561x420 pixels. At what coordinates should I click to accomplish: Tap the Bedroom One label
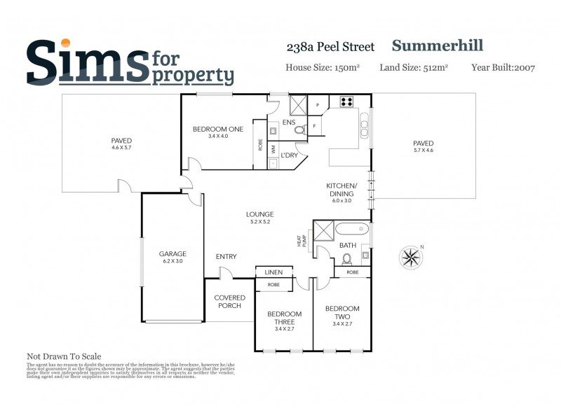point(218,129)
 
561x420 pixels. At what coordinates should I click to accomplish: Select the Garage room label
point(172,253)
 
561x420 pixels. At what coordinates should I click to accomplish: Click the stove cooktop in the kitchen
point(346,101)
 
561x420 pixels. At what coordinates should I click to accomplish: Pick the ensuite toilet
point(299,129)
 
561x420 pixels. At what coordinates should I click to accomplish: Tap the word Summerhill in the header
point(437,46)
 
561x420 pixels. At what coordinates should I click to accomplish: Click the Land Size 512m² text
point(414,68)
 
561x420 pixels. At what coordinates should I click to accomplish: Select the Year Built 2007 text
point(503,68)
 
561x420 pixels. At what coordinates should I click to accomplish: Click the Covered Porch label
point(229,302)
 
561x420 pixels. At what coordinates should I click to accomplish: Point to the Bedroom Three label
point(284,318)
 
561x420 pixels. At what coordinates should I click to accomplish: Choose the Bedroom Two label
point(342,312)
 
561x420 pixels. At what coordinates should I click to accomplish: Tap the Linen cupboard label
point(273,272)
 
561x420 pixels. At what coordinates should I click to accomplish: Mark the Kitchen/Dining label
point(342,189)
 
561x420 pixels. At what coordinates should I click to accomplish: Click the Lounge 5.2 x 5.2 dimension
point(259,222)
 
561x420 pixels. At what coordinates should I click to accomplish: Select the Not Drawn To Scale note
point(64,356)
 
